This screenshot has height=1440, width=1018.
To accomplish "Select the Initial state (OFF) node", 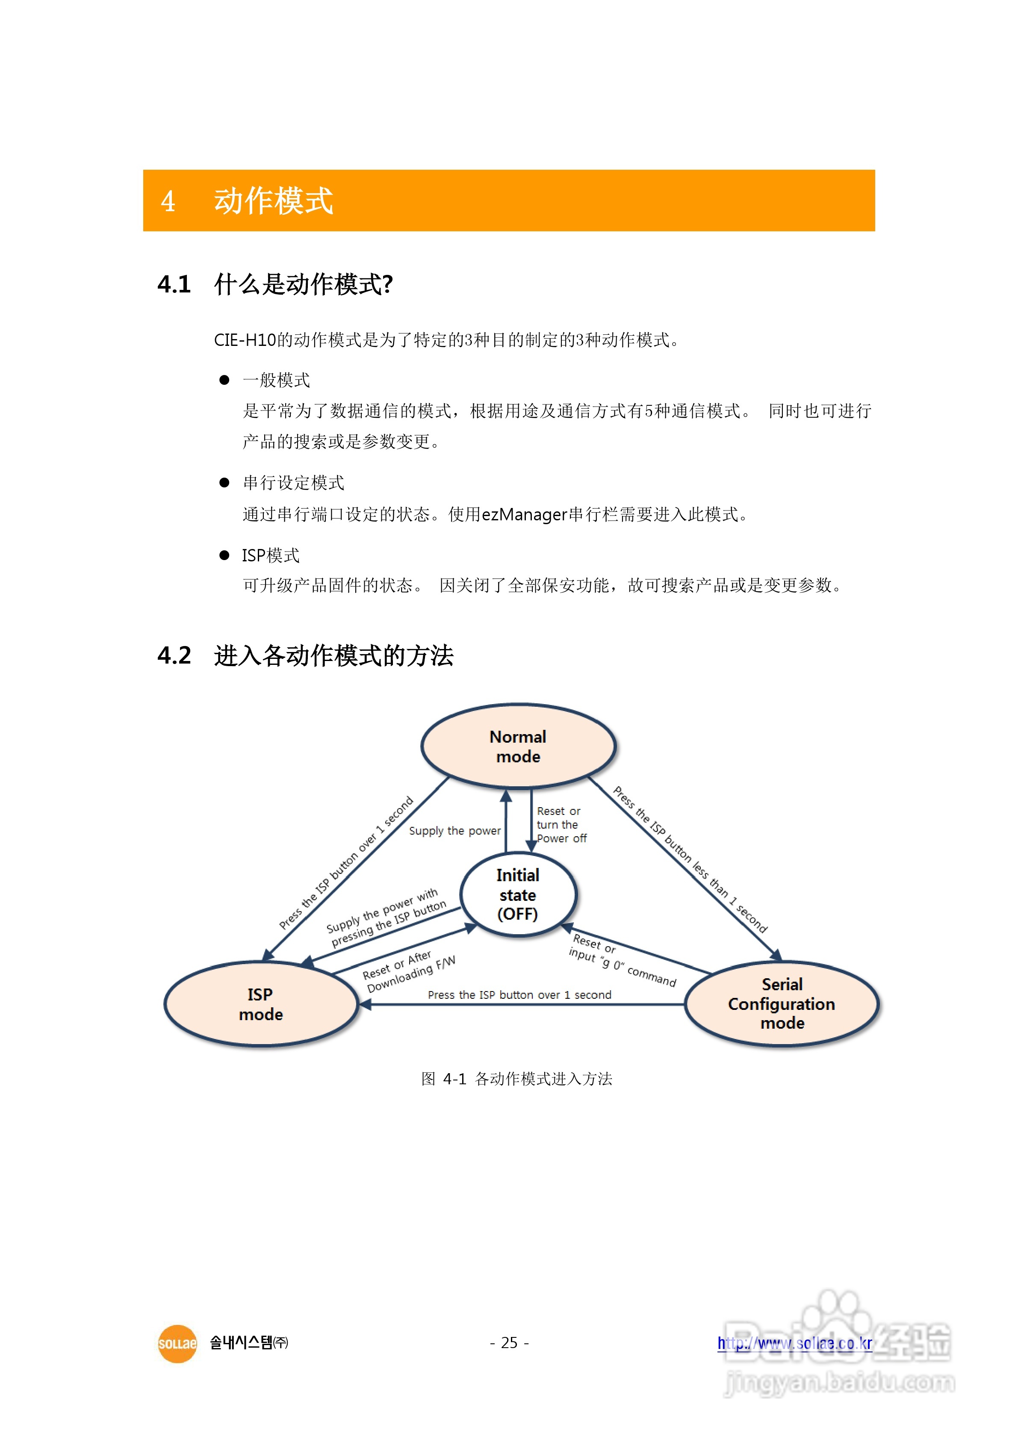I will click(518, 894).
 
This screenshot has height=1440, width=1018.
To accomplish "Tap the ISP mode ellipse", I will click(261, 1004).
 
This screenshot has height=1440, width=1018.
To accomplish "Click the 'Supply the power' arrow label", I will click(455, 831).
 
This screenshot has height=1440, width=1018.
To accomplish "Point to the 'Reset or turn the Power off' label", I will click(561, 825).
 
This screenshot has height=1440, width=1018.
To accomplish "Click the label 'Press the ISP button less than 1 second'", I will click(690, 859).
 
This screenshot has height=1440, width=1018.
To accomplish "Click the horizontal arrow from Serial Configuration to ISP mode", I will click(521, 1005).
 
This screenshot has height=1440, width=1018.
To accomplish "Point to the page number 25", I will click(509, 1343).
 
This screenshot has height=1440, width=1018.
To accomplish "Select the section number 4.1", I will click(174, 284).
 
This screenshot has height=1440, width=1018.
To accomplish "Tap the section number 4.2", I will click(174, 655).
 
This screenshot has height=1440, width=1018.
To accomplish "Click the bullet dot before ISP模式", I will click(224, 555).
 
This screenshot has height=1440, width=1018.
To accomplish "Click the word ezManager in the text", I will click(524, 515).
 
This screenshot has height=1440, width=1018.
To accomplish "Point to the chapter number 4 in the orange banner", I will click(168, 201).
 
